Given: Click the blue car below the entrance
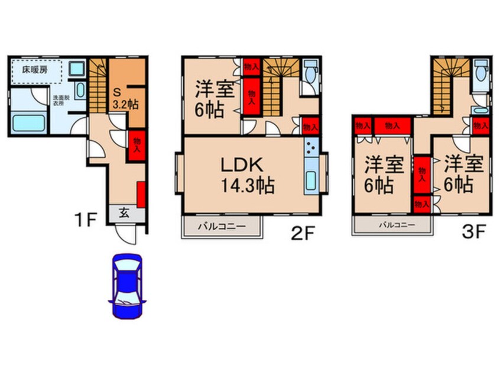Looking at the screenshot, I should coord(126,286).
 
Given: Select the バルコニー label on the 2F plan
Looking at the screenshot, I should coord(222,226).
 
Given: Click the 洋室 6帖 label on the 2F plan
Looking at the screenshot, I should coord(211,99).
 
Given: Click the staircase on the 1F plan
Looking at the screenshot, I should coord(98,86).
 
